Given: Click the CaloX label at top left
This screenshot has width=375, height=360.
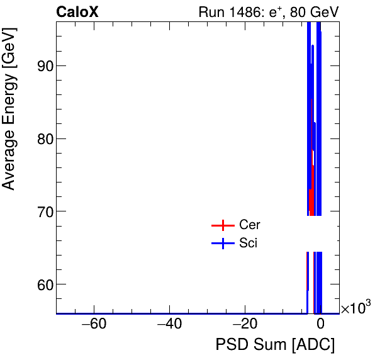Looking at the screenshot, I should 77,12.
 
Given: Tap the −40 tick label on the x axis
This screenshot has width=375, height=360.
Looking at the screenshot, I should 169,325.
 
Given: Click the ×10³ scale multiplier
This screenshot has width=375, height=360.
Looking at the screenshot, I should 355,308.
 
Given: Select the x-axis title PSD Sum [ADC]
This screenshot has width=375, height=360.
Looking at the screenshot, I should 275,345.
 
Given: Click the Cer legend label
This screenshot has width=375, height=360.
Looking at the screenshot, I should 249,225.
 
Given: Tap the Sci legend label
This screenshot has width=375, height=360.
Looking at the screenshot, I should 248,243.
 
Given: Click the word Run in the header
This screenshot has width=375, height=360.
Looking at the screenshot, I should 211,12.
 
